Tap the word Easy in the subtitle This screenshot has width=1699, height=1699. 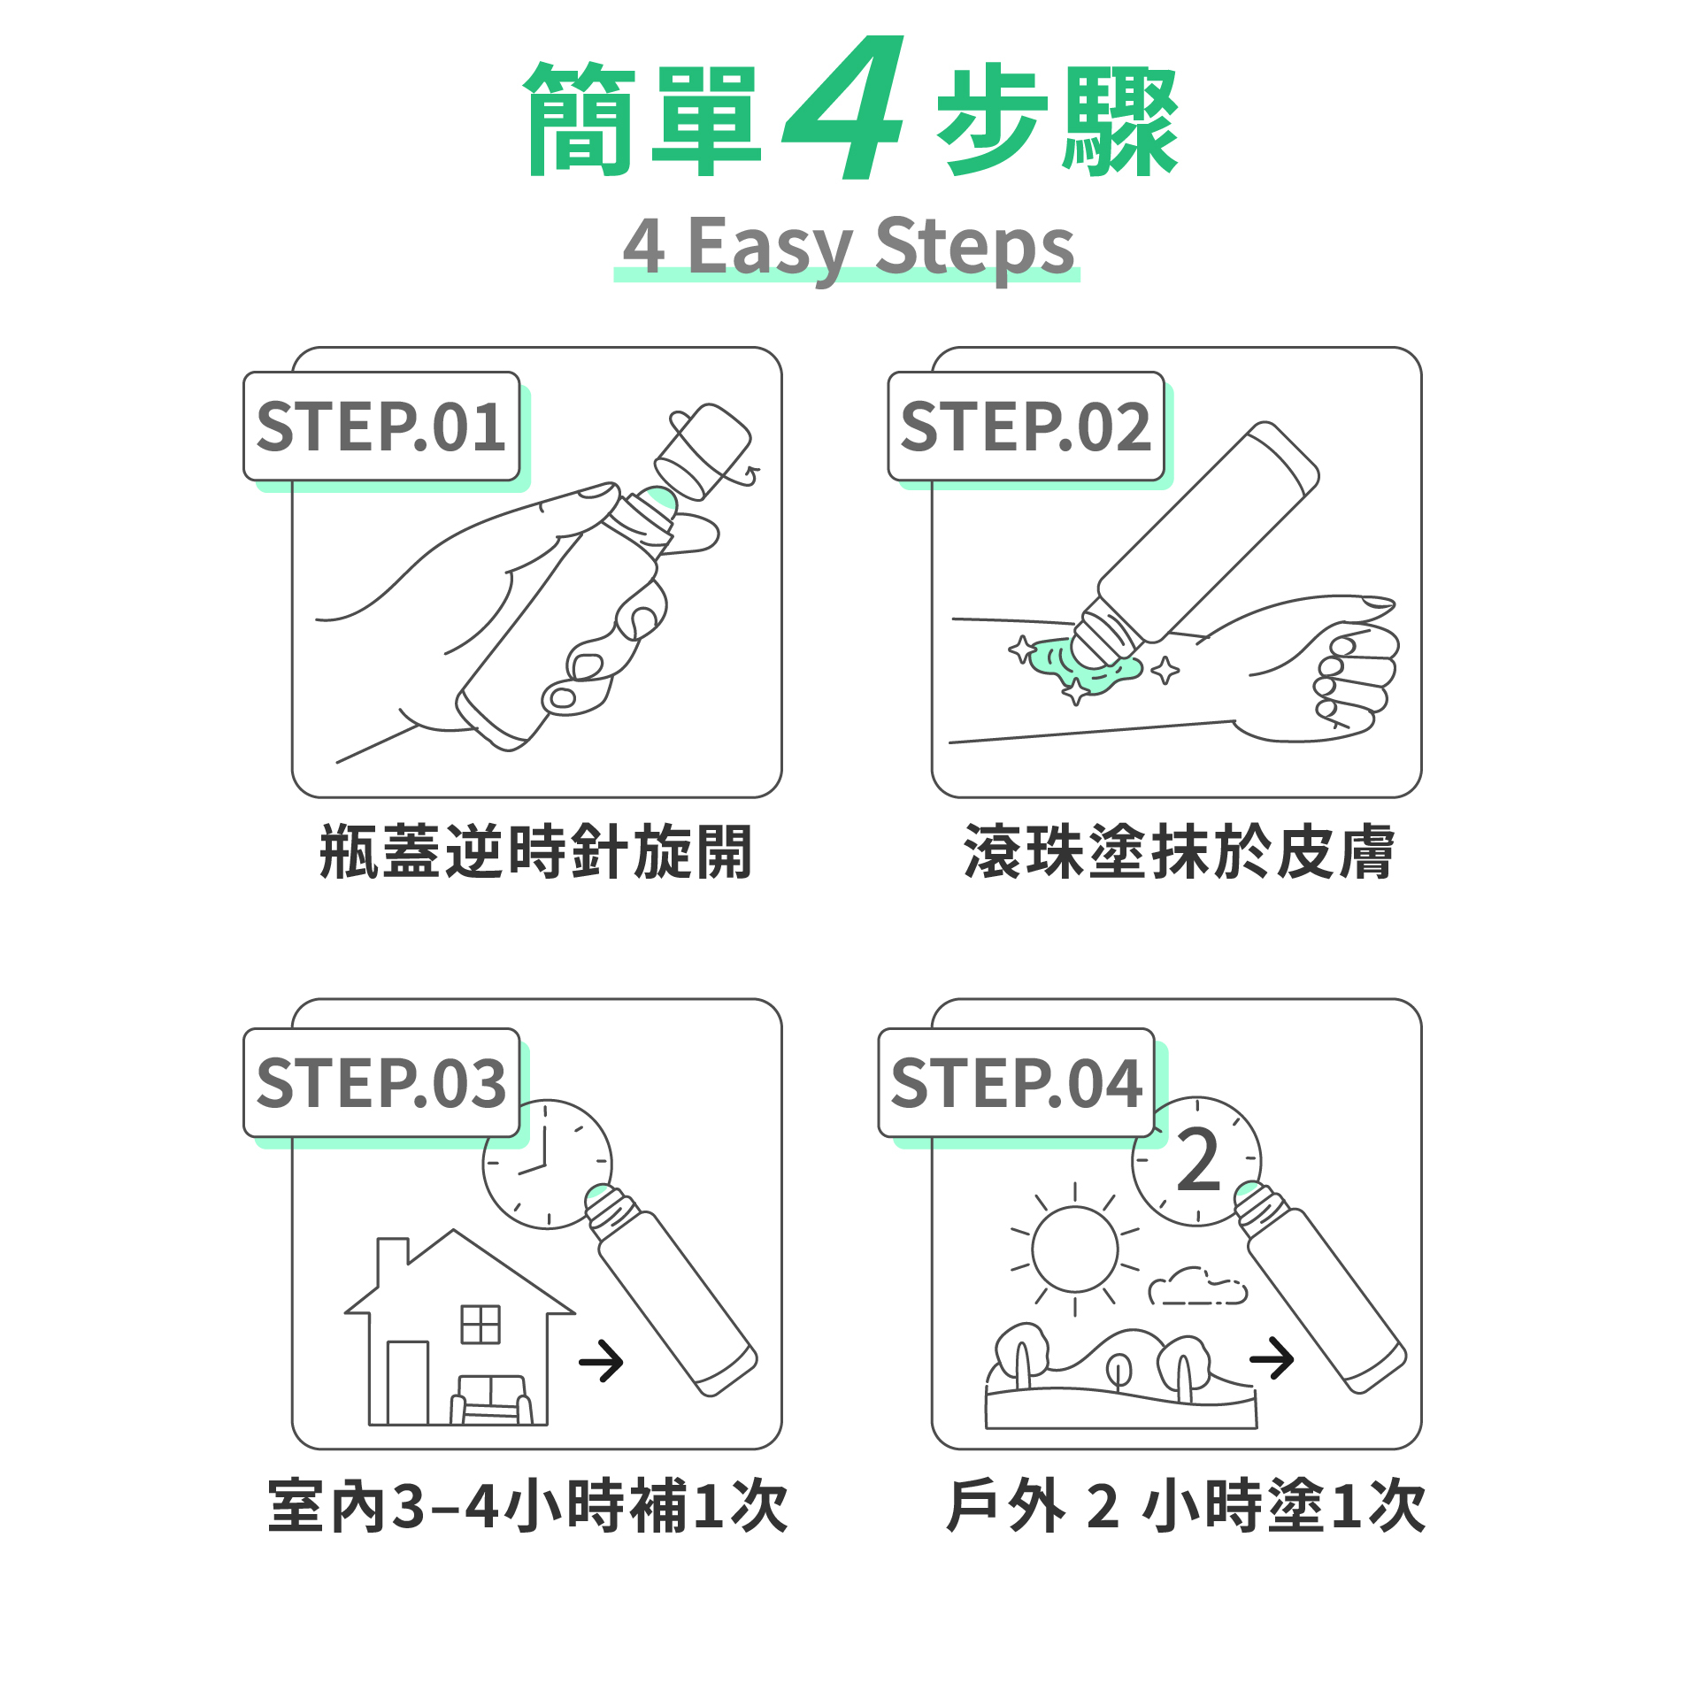coord(770,250)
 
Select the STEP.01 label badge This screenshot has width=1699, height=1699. coord(381,427)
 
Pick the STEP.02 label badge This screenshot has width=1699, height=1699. coord(1026,427)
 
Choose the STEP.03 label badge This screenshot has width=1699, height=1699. coord(381,1083)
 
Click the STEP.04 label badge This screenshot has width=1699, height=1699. coord(1017,1083)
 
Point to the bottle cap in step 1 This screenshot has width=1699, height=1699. coord(704,450)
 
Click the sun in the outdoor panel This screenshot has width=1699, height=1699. coord(1074,1249)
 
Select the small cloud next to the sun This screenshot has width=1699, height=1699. coord(1197,1287)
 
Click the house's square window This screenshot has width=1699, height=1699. coord(480,1324)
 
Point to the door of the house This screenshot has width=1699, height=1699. coord(408,1383)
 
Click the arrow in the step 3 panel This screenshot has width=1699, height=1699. coord(601,1361)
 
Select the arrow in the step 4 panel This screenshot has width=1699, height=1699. coord(1272,1358)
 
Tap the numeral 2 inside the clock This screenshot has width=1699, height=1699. coord(1199,1159)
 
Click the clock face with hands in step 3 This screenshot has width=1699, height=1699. coord(547,1165)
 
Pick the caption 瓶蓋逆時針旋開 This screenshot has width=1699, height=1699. coord(536,851)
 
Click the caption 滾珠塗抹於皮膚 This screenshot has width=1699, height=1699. coord(1180,851)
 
